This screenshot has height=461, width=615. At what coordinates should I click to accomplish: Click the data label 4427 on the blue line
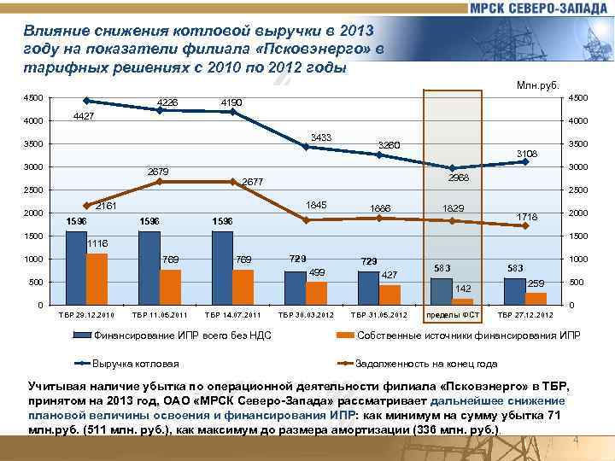[84, 115]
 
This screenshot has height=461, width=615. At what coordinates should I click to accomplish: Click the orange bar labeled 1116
[97, 278]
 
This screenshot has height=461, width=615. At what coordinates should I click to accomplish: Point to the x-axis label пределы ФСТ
[453, 316]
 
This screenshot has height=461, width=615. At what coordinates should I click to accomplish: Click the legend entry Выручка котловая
[136, 363]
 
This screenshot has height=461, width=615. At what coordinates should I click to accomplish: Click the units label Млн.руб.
[538, 85]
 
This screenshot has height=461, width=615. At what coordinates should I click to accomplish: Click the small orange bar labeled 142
[462, 301]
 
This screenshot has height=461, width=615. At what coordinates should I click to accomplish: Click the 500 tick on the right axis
[577, 282]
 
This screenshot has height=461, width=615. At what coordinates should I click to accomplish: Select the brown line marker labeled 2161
[86, 206]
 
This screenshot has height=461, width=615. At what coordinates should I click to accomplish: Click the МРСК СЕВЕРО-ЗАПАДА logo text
[538, 8]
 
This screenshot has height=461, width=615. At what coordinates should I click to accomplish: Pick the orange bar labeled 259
[536, 297]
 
